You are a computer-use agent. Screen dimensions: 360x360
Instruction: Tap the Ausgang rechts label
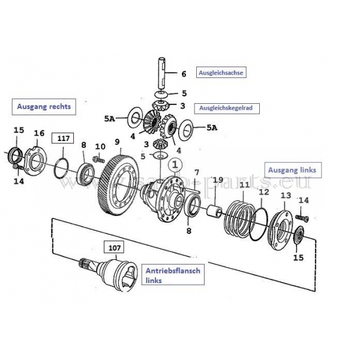coord(45,107)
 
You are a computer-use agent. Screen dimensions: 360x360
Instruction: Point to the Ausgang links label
coord(290,170)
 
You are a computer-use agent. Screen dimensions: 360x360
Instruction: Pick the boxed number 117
coord(63,139)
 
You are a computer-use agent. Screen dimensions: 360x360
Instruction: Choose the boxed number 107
coord(114,246)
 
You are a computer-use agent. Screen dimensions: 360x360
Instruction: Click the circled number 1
coord(174,163)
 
